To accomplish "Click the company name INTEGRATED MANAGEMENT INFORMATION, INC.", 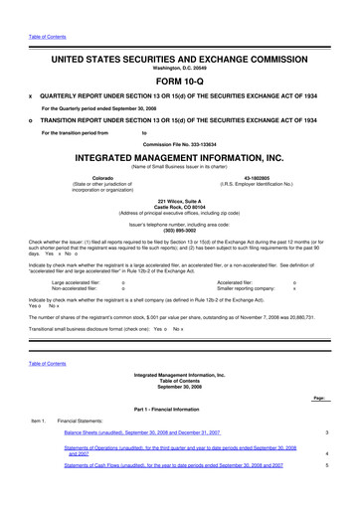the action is point(180,157).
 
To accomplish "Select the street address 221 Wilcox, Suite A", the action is point(180,201).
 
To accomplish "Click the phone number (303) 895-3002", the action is point(180,224).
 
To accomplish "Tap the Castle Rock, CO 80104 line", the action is point(180,207).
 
